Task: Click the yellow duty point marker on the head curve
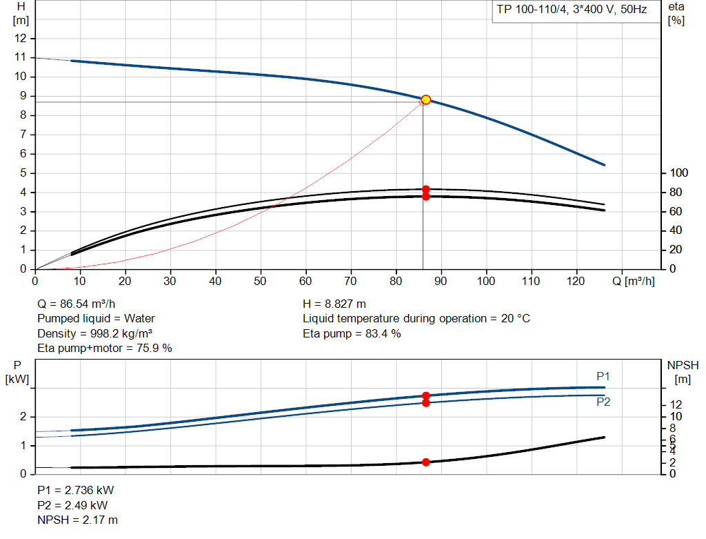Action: pos(425,99)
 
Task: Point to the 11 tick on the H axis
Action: pos(21,57)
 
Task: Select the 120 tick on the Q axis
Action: pos(576,282)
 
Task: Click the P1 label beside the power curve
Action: pos(603,376)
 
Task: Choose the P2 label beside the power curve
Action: pos(603,402)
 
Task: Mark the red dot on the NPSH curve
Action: pos(425,462)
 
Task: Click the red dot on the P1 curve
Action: pos(425,396)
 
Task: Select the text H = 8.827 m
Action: pos(334,304)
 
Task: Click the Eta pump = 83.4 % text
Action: pos(352,333)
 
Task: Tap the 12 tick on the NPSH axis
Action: pos(677,404)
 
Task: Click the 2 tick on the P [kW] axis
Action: pos(23,417)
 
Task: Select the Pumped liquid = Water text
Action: pos(96,319)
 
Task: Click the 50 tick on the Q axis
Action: pos(261,282)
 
